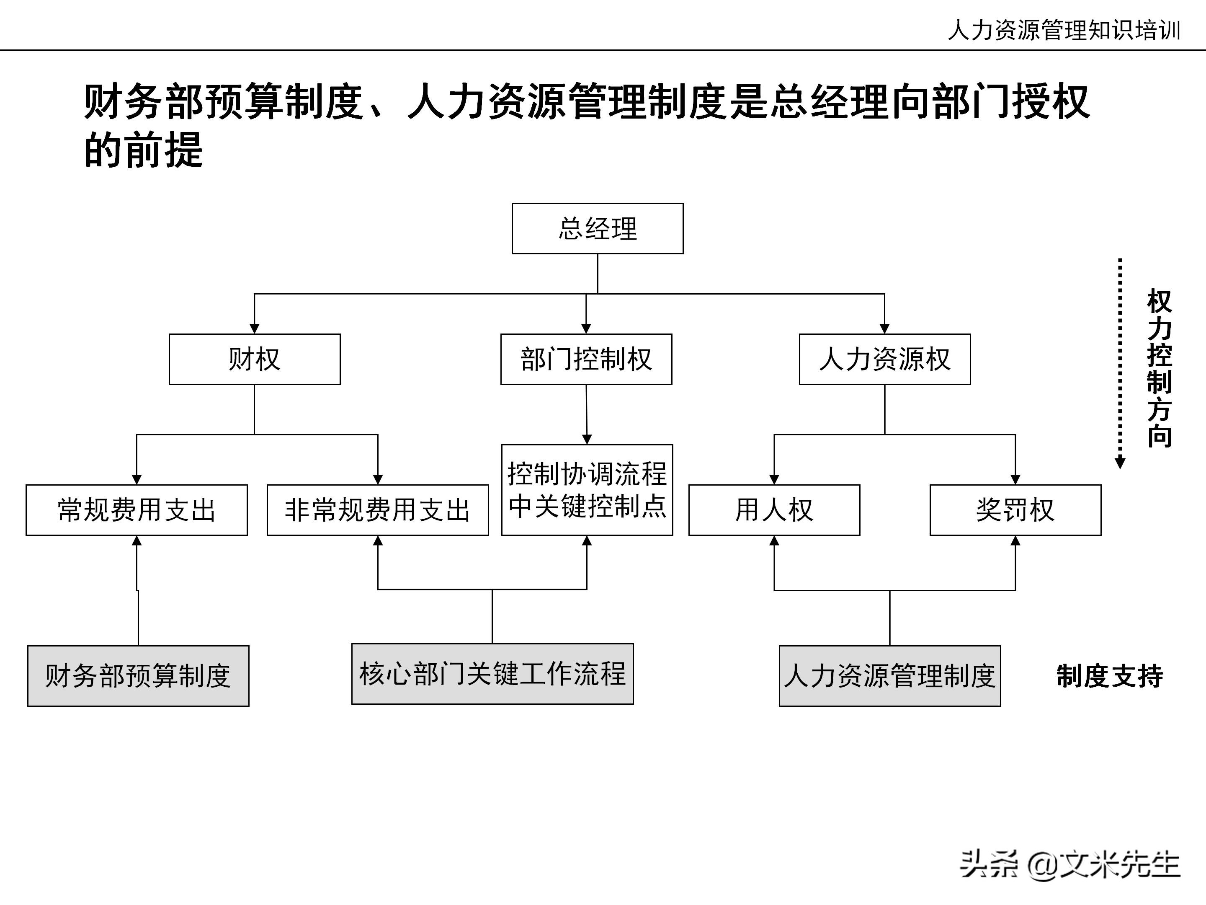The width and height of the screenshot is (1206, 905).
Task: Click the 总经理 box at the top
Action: [597, 229]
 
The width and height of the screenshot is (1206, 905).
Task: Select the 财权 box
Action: [254, 359]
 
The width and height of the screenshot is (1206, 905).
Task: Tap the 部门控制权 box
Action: [586, 359]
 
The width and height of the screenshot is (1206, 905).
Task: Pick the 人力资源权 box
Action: [884, 359]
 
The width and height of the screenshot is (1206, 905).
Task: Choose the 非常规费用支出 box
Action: [377, 509]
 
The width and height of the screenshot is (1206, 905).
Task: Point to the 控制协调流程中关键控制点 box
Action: [587, 489]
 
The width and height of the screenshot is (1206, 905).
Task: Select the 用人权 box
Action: [774, 509]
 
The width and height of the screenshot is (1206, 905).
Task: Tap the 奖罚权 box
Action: [1015, 509]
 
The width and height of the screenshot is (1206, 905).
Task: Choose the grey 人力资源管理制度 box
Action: [889, 675]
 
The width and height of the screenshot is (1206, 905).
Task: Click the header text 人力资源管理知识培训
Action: [1064, 30]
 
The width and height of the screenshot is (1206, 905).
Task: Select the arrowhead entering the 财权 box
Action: [254, 328]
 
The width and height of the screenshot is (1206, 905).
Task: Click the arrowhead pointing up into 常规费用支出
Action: [137, 540]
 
